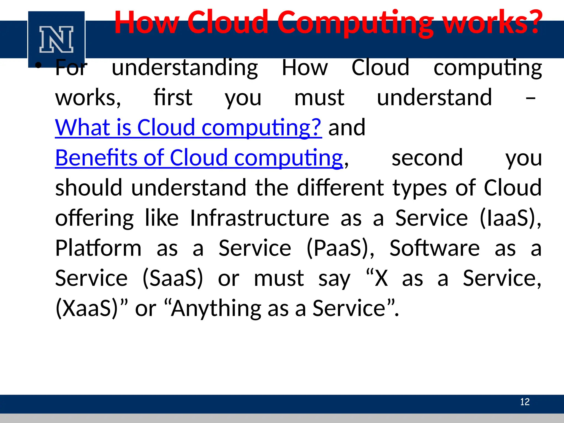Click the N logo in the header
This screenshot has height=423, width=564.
[56, 39]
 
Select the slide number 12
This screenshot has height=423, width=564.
[525, 402]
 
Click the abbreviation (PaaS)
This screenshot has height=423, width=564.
[340, 248]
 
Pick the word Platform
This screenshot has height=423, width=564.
[98, 248]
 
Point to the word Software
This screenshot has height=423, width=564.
[435, 248]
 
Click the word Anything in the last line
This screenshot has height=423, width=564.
[216, 308]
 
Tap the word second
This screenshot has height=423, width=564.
[427, 158]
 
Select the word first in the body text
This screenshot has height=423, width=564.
[173, 97]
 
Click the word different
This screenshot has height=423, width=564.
[340, 188]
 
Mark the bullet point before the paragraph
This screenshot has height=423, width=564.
[38, 65]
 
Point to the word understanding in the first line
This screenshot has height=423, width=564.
[185, 68]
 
